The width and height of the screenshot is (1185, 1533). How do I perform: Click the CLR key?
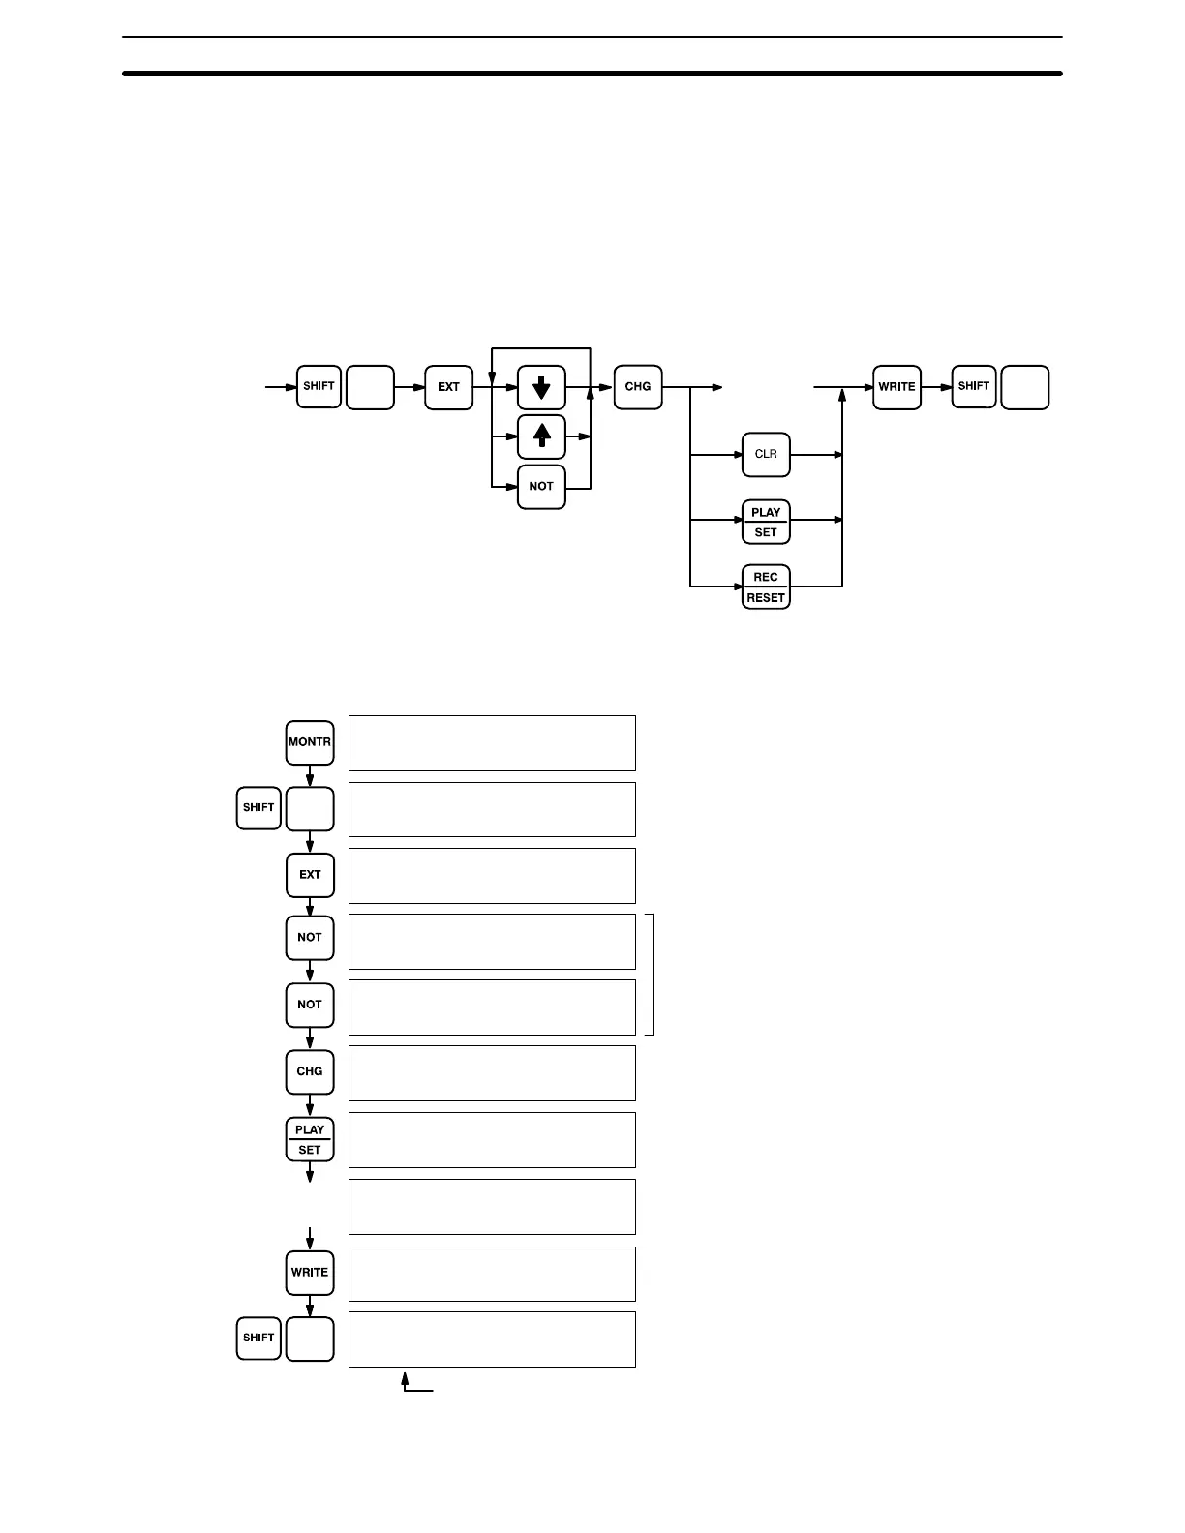[766, 454]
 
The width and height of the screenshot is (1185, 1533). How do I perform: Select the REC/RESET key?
[766, 586]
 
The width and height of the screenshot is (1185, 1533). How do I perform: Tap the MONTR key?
[310, 742]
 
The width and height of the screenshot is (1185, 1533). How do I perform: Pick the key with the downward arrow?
[541, 387]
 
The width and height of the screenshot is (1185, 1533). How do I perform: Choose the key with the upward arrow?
[541, 436]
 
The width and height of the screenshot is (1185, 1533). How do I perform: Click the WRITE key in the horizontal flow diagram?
[896, 387]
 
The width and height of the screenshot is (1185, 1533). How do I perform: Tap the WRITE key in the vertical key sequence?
[310, 1272]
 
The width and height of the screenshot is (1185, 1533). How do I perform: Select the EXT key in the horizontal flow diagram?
[448, 387]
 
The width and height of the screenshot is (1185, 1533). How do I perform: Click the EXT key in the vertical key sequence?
[310, 875]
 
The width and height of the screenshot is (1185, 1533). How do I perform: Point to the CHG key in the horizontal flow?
[638, 387]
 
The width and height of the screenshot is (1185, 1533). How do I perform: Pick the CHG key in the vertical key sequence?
[310, 1071]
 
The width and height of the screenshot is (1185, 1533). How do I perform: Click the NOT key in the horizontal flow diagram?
[541, 486]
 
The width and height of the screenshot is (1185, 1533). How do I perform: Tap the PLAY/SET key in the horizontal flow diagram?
[766, 522]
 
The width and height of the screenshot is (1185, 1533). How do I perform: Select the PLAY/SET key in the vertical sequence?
[310, 1139]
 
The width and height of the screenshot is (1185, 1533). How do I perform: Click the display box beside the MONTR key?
[492, 743]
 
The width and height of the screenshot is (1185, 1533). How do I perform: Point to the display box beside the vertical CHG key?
[492, 1072]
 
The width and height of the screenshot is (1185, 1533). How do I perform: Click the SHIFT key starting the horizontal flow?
[319, 387]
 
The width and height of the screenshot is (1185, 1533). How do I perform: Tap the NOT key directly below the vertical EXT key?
[310, 938]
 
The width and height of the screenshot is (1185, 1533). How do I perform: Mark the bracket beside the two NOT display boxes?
[653, 974]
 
